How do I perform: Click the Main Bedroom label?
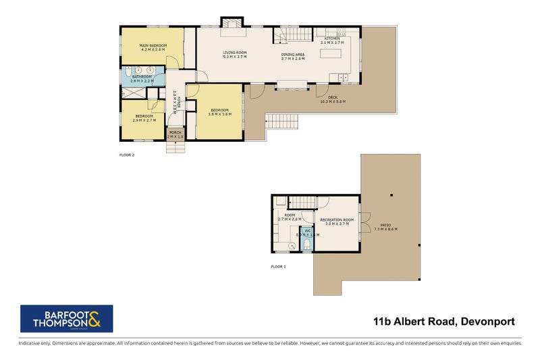(x=153, y=46)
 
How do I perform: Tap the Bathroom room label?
(x=142, y=77)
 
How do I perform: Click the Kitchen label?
(x=332, y=39)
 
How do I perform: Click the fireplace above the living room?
(x=232, y=23)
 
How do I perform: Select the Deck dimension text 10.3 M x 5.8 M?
(x=332, y=101)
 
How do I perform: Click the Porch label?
(x=175, y=132)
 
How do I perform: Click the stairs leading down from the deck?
(x=283, y=122)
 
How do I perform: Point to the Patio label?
(x=385, y=225)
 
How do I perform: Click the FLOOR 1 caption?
(x=278, y=267)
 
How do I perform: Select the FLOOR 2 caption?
(x=127, y=155)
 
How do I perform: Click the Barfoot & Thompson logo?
(x=66, y=319)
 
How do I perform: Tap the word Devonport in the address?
(x=487, y=322)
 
